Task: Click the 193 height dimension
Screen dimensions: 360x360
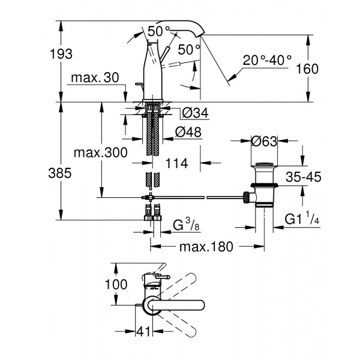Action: [x=62, y=53]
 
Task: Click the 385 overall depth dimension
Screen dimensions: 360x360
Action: [x=62, y=173]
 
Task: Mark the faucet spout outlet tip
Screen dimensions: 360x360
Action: [x=200, y=36]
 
